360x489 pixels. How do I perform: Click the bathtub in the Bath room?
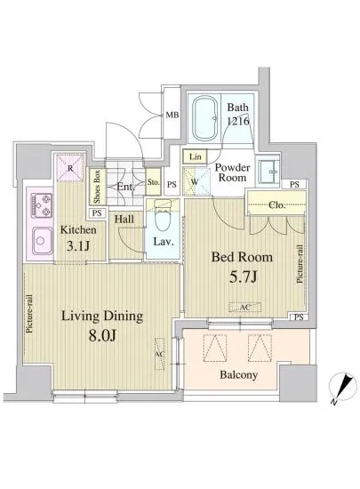point(205,118)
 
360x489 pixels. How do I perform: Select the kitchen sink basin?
point(42,240)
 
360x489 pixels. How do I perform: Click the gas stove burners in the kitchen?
point(42,205)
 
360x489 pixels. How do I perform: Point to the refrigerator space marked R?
point(70,167)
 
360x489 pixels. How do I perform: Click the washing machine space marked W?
point(196,181)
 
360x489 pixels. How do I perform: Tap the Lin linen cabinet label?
point(196,156)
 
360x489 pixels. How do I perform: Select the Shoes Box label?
point(97,186)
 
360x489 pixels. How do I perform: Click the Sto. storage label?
point(154,182)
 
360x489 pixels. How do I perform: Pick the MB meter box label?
point(172,115)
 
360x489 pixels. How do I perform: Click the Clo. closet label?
point(276,205)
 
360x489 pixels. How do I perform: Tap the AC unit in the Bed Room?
point(245,308)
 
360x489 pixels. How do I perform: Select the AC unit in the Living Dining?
point(160,354)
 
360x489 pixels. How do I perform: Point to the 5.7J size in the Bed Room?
point(244,277)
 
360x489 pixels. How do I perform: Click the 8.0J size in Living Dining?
point(102,335)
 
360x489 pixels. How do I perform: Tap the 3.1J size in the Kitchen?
point(78,246)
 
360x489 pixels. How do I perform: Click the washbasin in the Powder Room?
point(268,172)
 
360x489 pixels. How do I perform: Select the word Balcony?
point(239,374)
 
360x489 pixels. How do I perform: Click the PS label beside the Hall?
point(97,213)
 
